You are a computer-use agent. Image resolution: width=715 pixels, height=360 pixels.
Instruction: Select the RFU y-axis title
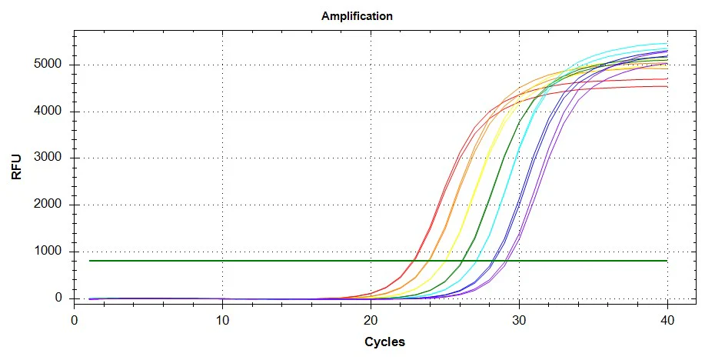pyautogui.click(x=16, y=166)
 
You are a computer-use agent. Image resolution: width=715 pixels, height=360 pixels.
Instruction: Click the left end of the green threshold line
pyautogui.click(x=90, y=261)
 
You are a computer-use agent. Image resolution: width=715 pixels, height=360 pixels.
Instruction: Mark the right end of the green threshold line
pyautogui.click(x=667, y=261)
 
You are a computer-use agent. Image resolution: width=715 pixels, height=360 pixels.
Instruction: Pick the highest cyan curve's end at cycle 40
pyautogui.click(x=667, y=44)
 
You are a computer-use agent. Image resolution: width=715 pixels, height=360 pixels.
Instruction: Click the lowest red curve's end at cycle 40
pyautogui.click(x=667, y=86)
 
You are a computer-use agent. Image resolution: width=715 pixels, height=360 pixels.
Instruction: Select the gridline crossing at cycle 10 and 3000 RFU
pyautogui.click(x=223, y=158)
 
